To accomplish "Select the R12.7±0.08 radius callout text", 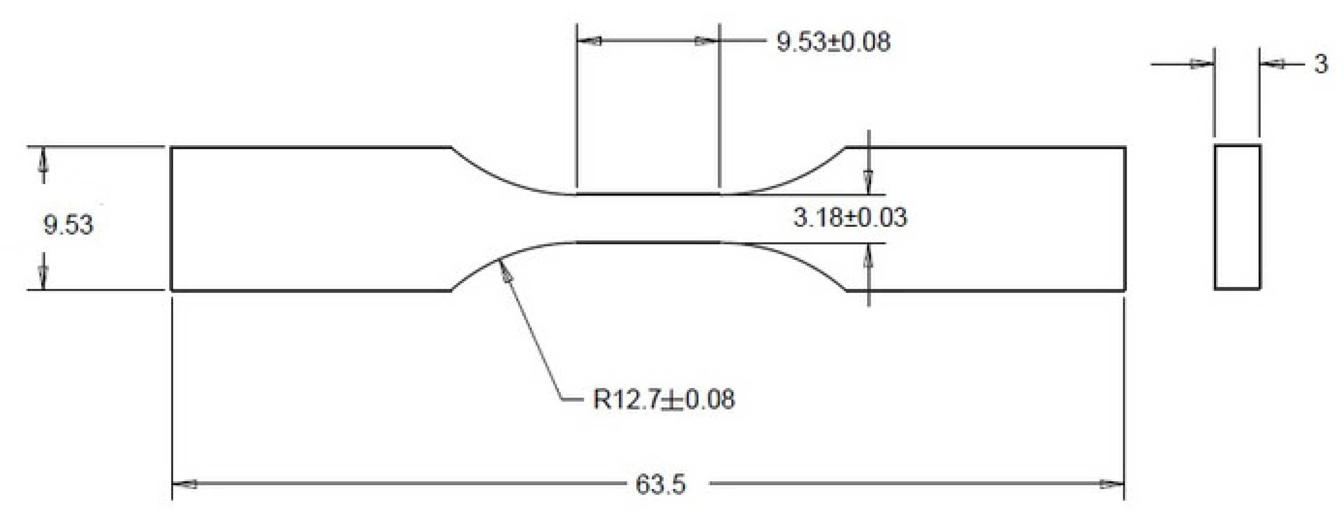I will (x=663, y=399).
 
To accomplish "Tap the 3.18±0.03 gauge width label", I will (x=850, y=217).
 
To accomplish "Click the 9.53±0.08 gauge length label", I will (x=833, y=42).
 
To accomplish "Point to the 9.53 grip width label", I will (x=68, y=225).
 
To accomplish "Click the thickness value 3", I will (x=1321, y=65).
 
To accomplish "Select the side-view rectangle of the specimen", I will (x=1237, y=216).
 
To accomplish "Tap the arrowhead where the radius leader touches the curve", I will (x=505, y=272).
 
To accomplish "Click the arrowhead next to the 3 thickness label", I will (x=1272, y=65).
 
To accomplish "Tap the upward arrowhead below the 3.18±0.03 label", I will (x=868, y=255).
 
